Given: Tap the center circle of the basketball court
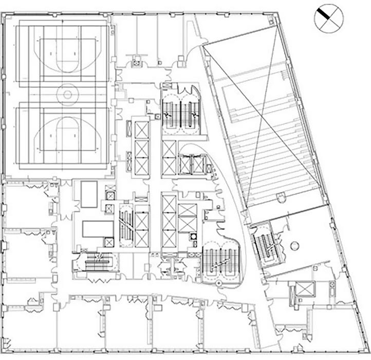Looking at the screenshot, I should [65, 95].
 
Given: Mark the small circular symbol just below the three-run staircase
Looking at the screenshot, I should [218, 283].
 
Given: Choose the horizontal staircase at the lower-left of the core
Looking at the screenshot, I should [96, 261].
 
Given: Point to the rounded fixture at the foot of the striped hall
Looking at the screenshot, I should [281, 197].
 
